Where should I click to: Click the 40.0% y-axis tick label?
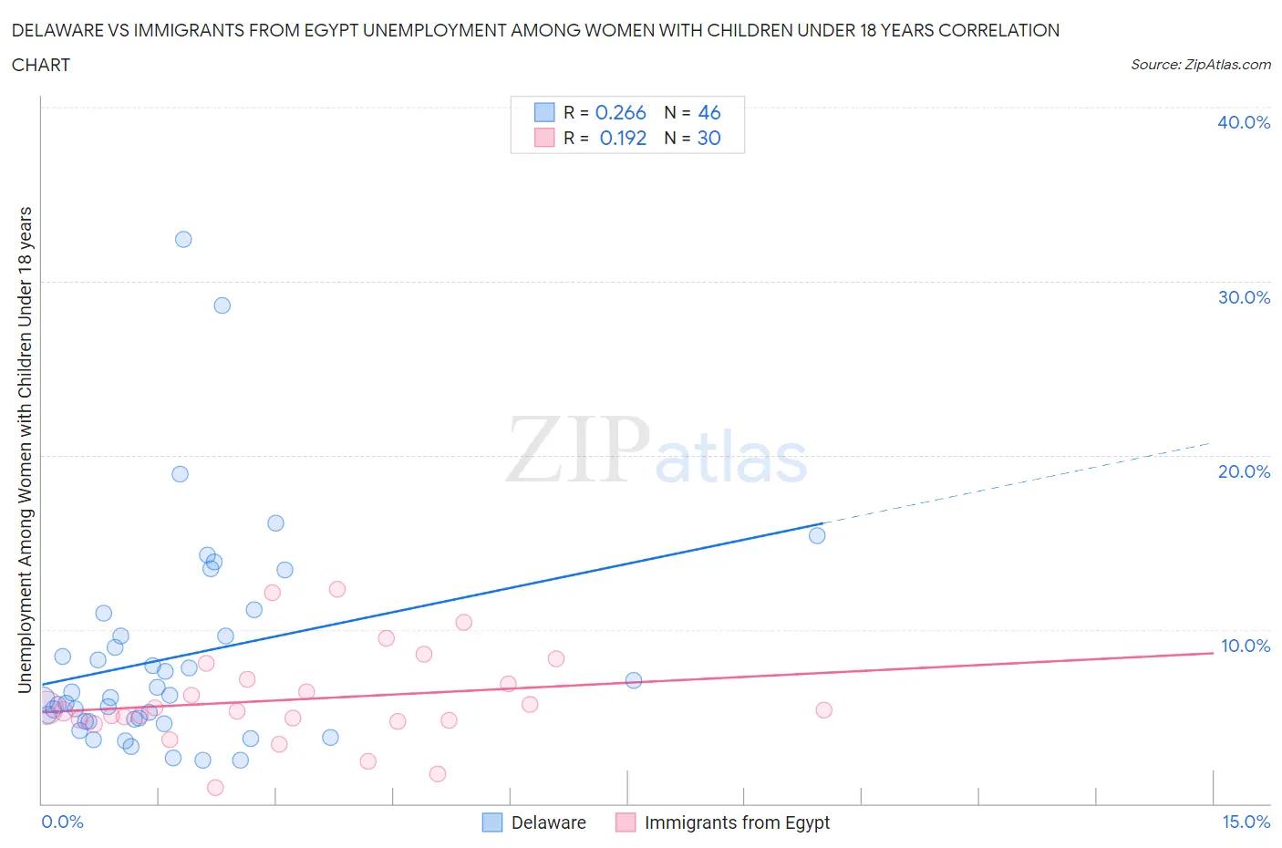(1243, 122)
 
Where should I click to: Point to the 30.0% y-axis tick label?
(1243, 297)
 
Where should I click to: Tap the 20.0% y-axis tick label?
(1243, 471)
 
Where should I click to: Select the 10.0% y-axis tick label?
(1245, 646)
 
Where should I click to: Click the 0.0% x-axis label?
(62, 822)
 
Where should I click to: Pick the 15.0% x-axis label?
(1246, 822)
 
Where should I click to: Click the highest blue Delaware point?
(183, 240)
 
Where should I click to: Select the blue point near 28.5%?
(222, 305)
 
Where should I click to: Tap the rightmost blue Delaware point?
(817, 535)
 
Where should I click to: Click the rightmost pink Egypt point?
(823, 710)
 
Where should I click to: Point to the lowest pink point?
(215, 788)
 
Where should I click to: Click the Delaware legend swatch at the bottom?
(492, 822)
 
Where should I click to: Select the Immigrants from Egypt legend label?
(737, 822)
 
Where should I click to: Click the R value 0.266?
(620, 112)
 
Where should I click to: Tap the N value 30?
(708, 138)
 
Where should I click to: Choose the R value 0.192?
(623, 138)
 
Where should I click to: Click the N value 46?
(708, 112)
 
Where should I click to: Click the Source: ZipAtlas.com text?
(1200, 65)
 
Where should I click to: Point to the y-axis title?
(26, 450)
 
